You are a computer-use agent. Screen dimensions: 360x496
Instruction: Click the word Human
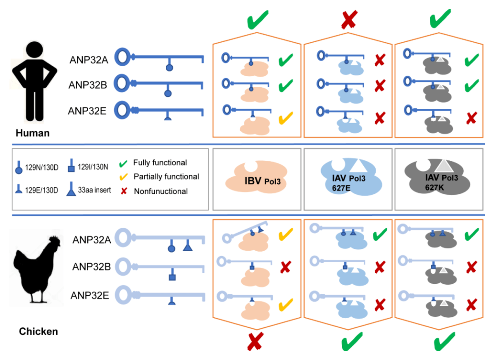(x=32, y=134)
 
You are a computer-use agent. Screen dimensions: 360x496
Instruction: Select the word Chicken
(x=39, y=331)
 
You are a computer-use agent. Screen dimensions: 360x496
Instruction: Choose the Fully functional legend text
(x=160, y=163)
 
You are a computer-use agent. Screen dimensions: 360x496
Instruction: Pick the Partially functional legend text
(x=166, y=176)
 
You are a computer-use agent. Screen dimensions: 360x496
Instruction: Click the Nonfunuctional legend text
(x=161, y=191)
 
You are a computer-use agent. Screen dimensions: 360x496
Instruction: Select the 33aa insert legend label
(x=94, y=190)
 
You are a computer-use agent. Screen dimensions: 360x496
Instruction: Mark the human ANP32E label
(x=88, y=111)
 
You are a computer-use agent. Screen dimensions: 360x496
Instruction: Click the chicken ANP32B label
(x=91, y=266)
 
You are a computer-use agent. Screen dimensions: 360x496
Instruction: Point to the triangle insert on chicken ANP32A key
(x=187, y=247)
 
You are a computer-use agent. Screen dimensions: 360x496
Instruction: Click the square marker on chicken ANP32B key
(x=172, y=277)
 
